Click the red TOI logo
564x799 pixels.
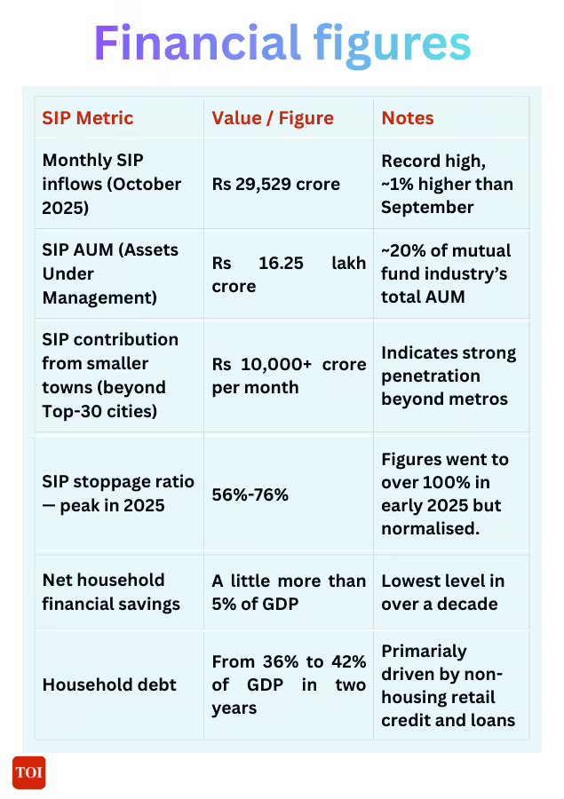[28, 772]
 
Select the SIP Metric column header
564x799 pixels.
[88, 118]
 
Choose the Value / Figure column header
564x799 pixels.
[273, 118]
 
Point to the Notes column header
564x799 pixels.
[408, 118]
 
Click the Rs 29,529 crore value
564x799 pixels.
[275, 185]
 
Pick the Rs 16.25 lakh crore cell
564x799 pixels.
[289, 275]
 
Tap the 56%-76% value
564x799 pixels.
[250, 494]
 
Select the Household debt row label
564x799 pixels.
[97, 684]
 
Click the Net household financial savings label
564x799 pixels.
[111, 592]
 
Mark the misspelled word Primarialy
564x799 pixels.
[424, 651]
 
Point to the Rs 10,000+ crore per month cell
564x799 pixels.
[289, 376]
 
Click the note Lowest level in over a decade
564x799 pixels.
[442, 592]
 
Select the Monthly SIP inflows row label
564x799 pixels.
[112, 184]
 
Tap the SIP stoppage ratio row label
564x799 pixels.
[118, 494]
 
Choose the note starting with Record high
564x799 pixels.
[447, 184]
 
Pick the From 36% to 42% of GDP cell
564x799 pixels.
[289, 684]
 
